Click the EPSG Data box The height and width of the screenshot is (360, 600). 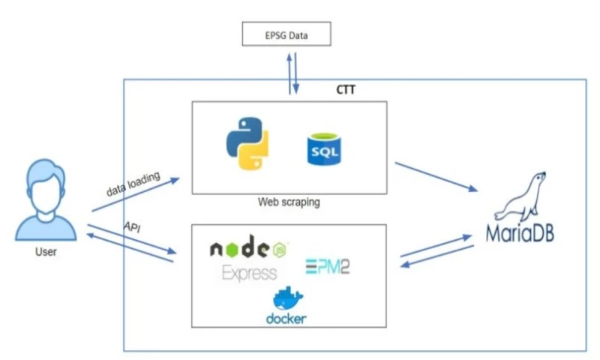point(286,34)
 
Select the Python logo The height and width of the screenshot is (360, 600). point(247,146)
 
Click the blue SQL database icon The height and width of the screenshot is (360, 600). point(323,149)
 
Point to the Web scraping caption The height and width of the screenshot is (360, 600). point(289,202)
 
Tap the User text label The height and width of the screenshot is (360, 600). point(45,252)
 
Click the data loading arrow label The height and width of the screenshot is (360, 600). point(133,181)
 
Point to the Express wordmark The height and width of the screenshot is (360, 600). point(249,273)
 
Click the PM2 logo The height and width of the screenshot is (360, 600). point(327,265)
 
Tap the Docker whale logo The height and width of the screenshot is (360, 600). point(286,298)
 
